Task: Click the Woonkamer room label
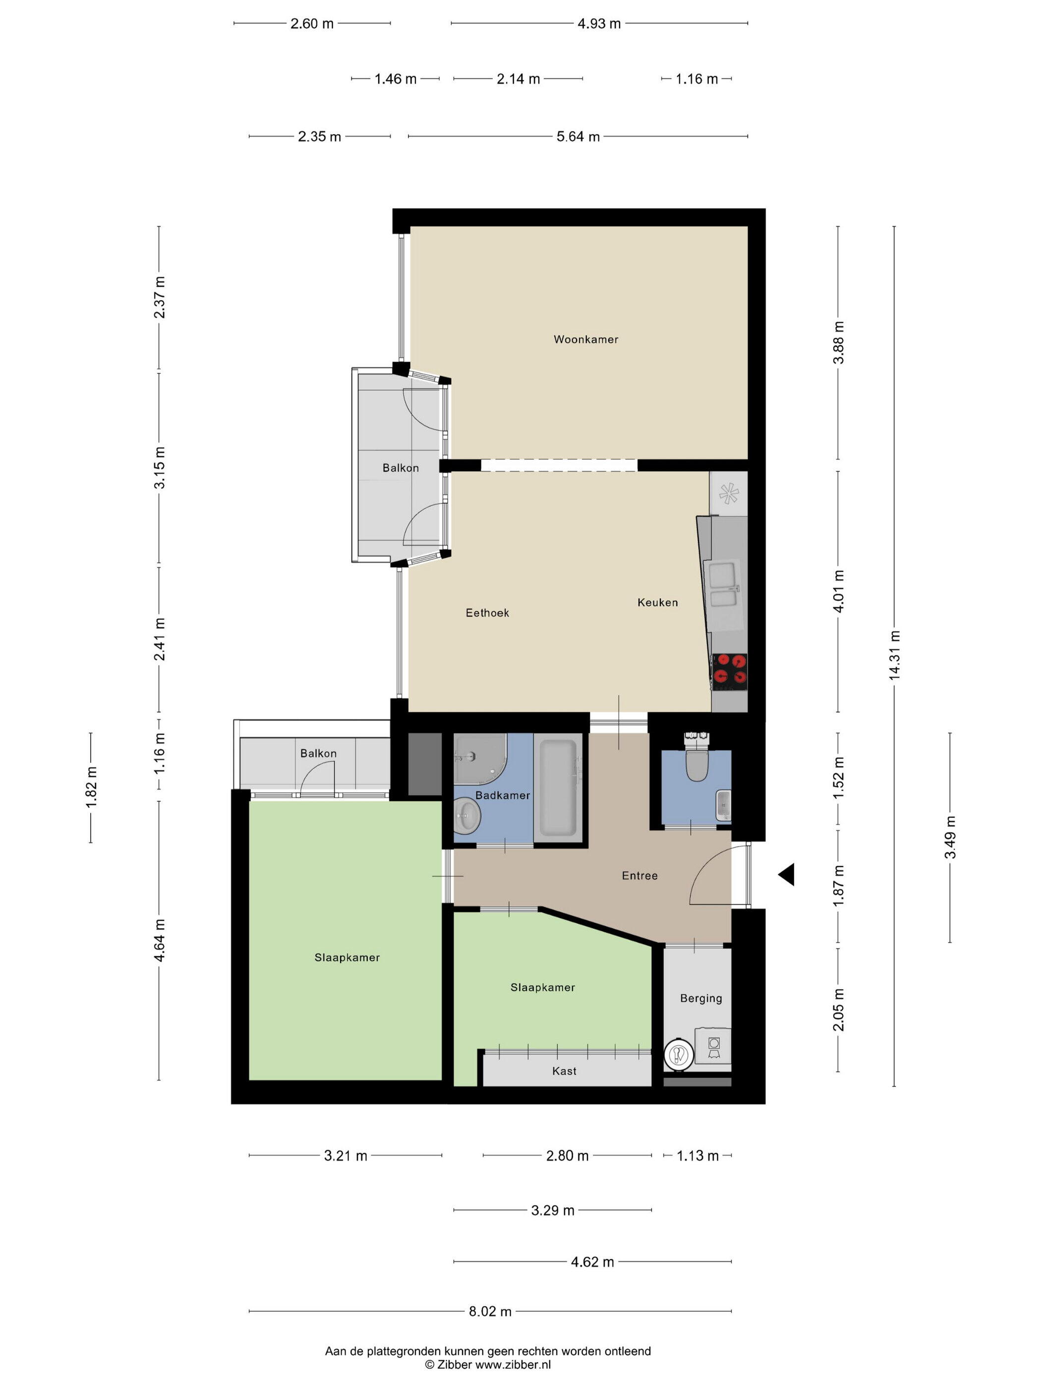pyautogui.click(x=585, y=339)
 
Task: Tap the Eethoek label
pyautogui.click(x=487, y=613)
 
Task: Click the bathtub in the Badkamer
pyautogui.click(x=558, y=788)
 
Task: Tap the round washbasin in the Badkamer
pyautogui.click(x=467, y=817)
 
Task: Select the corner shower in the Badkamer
pyautogui.click(x=480, y=759)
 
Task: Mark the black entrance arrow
pyautogui.click(x=786, y=874)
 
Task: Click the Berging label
pyautogui.click(x=701, y=998)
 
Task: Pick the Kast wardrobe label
pyautogui.click(x=564, y=1071)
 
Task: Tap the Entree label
pyautogui.click(x=639, y=875)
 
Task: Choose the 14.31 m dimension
pyautogui.click(x=894, y=655)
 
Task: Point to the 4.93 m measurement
pyautogui.click(x=599, y=24)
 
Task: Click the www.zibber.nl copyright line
pyautogui.click(x=488, y=1364)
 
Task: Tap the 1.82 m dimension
pyautogui.click(x=91, y=788)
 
